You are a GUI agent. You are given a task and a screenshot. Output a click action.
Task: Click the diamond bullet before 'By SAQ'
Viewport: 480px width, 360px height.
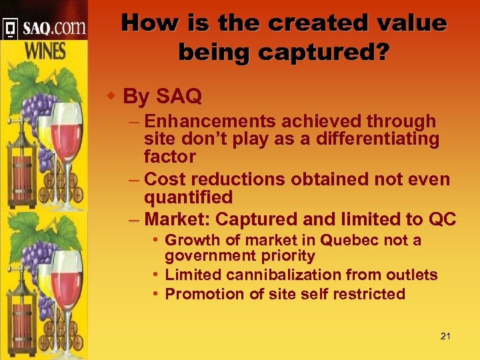pyautogui.click(x=112, y=96)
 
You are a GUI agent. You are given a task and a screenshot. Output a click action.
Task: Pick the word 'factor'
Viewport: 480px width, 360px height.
pyautogui.click(x=170, y=157)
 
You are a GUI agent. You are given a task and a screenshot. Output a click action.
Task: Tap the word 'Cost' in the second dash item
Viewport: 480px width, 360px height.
pyautogui.click(x=164, y=179)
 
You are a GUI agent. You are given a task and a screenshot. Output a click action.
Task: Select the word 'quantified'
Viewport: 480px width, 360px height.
pyautogui.click(x=189, y=197)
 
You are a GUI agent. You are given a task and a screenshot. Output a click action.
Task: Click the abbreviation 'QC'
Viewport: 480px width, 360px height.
pyautogui.click(x=442, y=219)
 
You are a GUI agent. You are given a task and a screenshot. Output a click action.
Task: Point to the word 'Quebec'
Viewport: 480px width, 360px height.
pyautogui.click(x=346, y=240)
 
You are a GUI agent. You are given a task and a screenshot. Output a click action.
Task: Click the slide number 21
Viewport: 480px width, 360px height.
pyautogui.click(x=445, y=336)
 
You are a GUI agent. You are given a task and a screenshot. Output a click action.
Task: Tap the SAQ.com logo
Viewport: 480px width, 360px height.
pyautogui.click(x=45, y=28)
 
